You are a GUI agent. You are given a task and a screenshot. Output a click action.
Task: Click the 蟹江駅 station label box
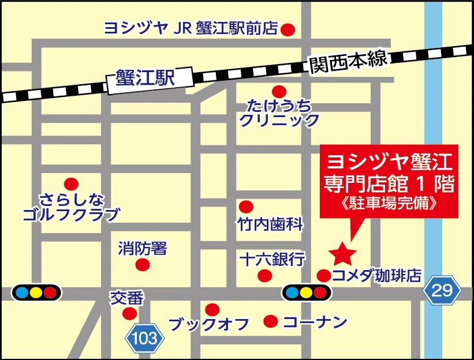click(x=145, y=77)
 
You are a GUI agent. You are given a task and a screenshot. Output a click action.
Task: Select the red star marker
click(x=342, y=252)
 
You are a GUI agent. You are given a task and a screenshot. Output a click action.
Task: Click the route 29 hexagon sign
click(x=442, y=290)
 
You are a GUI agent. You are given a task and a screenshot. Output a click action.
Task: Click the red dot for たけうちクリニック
click(x=279, y=91)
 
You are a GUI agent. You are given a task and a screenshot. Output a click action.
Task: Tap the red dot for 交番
click(x=130, y=313)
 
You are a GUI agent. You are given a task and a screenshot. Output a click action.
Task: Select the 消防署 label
click(x=142, y=249)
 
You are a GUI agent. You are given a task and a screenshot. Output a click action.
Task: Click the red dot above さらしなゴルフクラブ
click(x=70, y=184)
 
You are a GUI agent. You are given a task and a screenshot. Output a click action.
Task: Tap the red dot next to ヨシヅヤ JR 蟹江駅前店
click(x=287, y=29)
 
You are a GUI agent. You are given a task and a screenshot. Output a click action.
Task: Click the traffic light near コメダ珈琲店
click(x=306, y=292)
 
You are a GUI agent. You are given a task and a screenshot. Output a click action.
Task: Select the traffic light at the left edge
click(x=36, y=292)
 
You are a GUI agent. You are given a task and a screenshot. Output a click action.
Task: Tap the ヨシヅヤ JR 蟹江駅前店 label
click(x=191, y=28)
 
